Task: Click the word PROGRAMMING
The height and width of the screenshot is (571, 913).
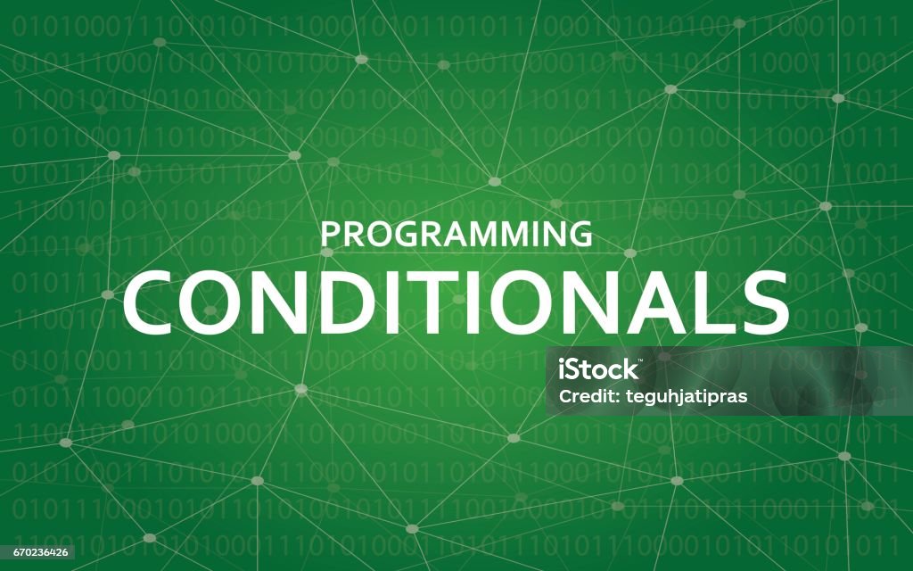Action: click(456, 234)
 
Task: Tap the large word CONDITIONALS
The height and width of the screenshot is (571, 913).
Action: click(456, 302)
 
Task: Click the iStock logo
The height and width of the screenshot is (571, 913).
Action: click(598, 368)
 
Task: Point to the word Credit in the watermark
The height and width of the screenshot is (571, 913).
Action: click(582, 396)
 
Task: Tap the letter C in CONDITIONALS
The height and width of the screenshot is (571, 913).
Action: click(150, 302)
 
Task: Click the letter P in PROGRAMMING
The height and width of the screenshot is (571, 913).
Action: click(330, 234)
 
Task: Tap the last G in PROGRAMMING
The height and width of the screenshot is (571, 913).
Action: click(580, 234)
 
